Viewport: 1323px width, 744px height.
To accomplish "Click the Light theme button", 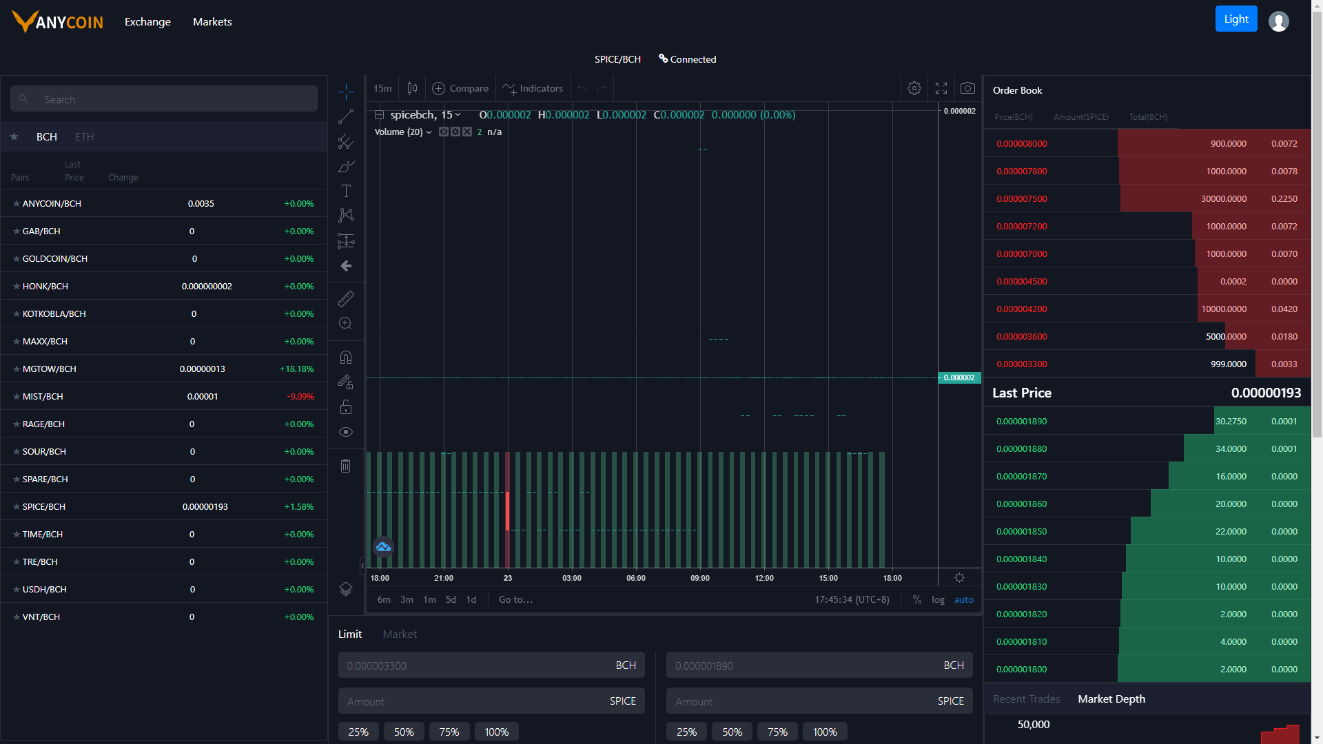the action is point(1236,19).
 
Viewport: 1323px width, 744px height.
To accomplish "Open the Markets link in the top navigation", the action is point(212,22).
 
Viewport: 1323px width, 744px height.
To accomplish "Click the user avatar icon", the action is point(1279,22).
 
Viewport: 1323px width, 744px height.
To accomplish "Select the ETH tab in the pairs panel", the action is point(85,137).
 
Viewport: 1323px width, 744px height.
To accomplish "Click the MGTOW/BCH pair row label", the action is point(50,369).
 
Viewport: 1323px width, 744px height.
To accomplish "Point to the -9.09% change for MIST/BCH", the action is point(300,397).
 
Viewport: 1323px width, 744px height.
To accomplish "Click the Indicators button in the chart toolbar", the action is point(533,89).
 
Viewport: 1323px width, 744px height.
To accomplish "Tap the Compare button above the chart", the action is point(460,89).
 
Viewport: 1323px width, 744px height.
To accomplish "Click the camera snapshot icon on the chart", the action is point(967,88).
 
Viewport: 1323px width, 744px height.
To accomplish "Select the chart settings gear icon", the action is point(914,88).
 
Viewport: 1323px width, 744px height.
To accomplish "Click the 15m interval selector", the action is point(382,89).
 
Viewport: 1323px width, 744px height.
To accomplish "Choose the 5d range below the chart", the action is point(451,600).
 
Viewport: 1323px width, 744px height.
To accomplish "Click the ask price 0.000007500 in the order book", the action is point(1022,199).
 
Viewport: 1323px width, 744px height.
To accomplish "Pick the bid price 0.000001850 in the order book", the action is point(1022,532).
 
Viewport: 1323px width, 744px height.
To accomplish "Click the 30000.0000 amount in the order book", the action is point(1224,199).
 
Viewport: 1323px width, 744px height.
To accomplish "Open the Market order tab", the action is point(400,634).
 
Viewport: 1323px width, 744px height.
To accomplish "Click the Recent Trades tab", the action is point(1027,699).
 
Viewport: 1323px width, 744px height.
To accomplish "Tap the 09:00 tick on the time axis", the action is point(700,579).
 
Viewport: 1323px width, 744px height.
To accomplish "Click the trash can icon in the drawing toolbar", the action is point(346,466).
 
